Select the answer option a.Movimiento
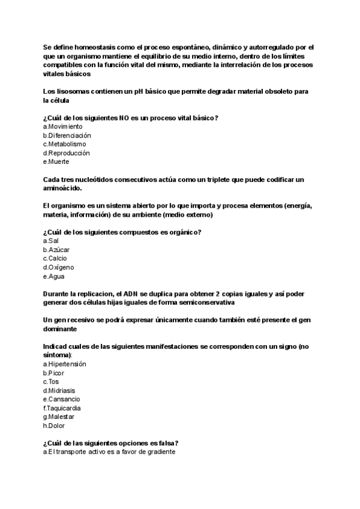[63, 127]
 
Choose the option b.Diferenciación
[67, 136]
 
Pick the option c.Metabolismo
[64, 144]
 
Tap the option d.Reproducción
[66, 153]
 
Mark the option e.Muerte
[56, 161]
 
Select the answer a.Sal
[51, 241]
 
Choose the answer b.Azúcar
[56, 250]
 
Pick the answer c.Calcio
[55, 258]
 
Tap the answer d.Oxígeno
[58, 267]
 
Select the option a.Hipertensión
[64, 364]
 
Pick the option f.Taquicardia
[62, 408]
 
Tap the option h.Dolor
[54, 426]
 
